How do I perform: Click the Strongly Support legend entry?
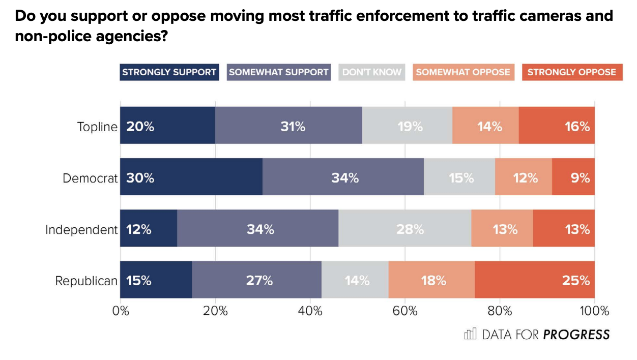[169, 72]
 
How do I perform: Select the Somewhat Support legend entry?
[279, 72]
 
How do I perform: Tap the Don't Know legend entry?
[372, 72]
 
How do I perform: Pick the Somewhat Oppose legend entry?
[462, 72]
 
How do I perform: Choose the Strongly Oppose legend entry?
[571, 72]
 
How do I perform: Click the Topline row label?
[97, 127]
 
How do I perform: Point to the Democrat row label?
[90, 178]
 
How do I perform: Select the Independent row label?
[81, 229]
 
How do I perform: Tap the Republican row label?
[86, 281]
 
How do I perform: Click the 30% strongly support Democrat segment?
[191, 177]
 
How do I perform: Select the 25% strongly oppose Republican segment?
[535, 280]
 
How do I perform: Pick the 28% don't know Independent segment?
[405, 228]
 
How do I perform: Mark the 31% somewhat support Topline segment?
[288, 126]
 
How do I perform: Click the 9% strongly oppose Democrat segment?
[573, 177]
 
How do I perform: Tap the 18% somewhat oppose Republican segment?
[431, 280]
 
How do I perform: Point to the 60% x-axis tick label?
[405, 311]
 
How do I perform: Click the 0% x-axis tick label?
[121, 311]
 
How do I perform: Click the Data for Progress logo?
[537, 334]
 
